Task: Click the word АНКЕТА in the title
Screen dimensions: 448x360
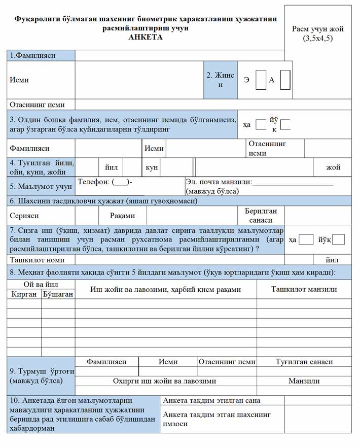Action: click(x=146, y=38)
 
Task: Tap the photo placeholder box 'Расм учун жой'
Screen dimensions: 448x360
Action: click(x=318, y=33)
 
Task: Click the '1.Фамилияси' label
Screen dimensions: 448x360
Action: click(x=33, y=55)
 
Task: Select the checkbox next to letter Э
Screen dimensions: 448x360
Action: click(x=261, y=80)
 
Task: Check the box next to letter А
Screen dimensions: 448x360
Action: click(x=285, y=80)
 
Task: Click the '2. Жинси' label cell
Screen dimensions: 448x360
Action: click(x=221, y=80)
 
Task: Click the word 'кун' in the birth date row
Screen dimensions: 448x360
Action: click(x=152, y=167)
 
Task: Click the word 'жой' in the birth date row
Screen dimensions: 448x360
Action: click(x=333, y=167)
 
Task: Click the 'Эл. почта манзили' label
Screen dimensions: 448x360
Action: click(x=219, y=182)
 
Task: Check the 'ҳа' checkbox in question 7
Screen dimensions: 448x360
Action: click(x=306, y=239)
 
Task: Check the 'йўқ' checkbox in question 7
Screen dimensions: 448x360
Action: click(x=339, y=239)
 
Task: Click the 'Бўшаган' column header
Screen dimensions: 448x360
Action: click(x=58, y=294)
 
